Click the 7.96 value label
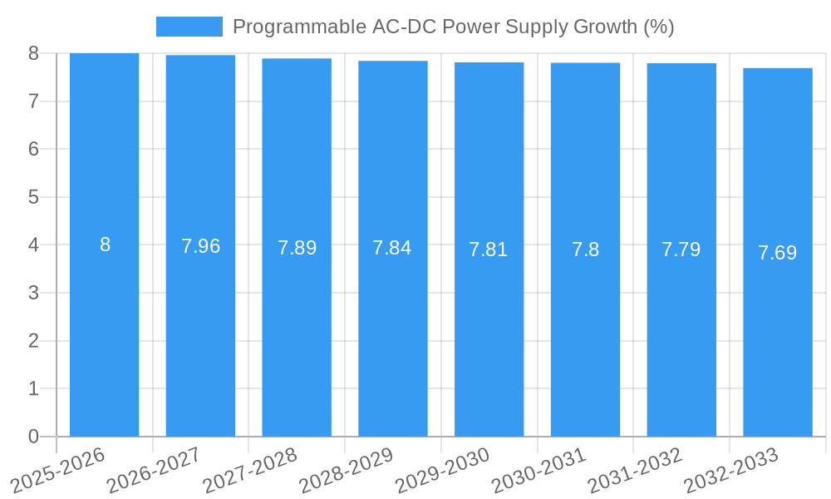click(200, 246)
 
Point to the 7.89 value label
click(297, 248)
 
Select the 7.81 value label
click(489, 249)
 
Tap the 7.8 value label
click(585, 249)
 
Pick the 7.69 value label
click(778, 253)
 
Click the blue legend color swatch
click(189, 27)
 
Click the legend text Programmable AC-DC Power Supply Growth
click(453, 27)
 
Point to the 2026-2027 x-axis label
click(155, 469)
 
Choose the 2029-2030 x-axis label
click(443, 469)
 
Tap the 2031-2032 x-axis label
click(636, 469)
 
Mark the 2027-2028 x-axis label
click(250, 469)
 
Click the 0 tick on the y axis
click(33, 437)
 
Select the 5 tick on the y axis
click(33, 197)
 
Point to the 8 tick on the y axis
click(33, 53)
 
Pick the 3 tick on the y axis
click(33, 293)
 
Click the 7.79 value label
click(681, 249)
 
